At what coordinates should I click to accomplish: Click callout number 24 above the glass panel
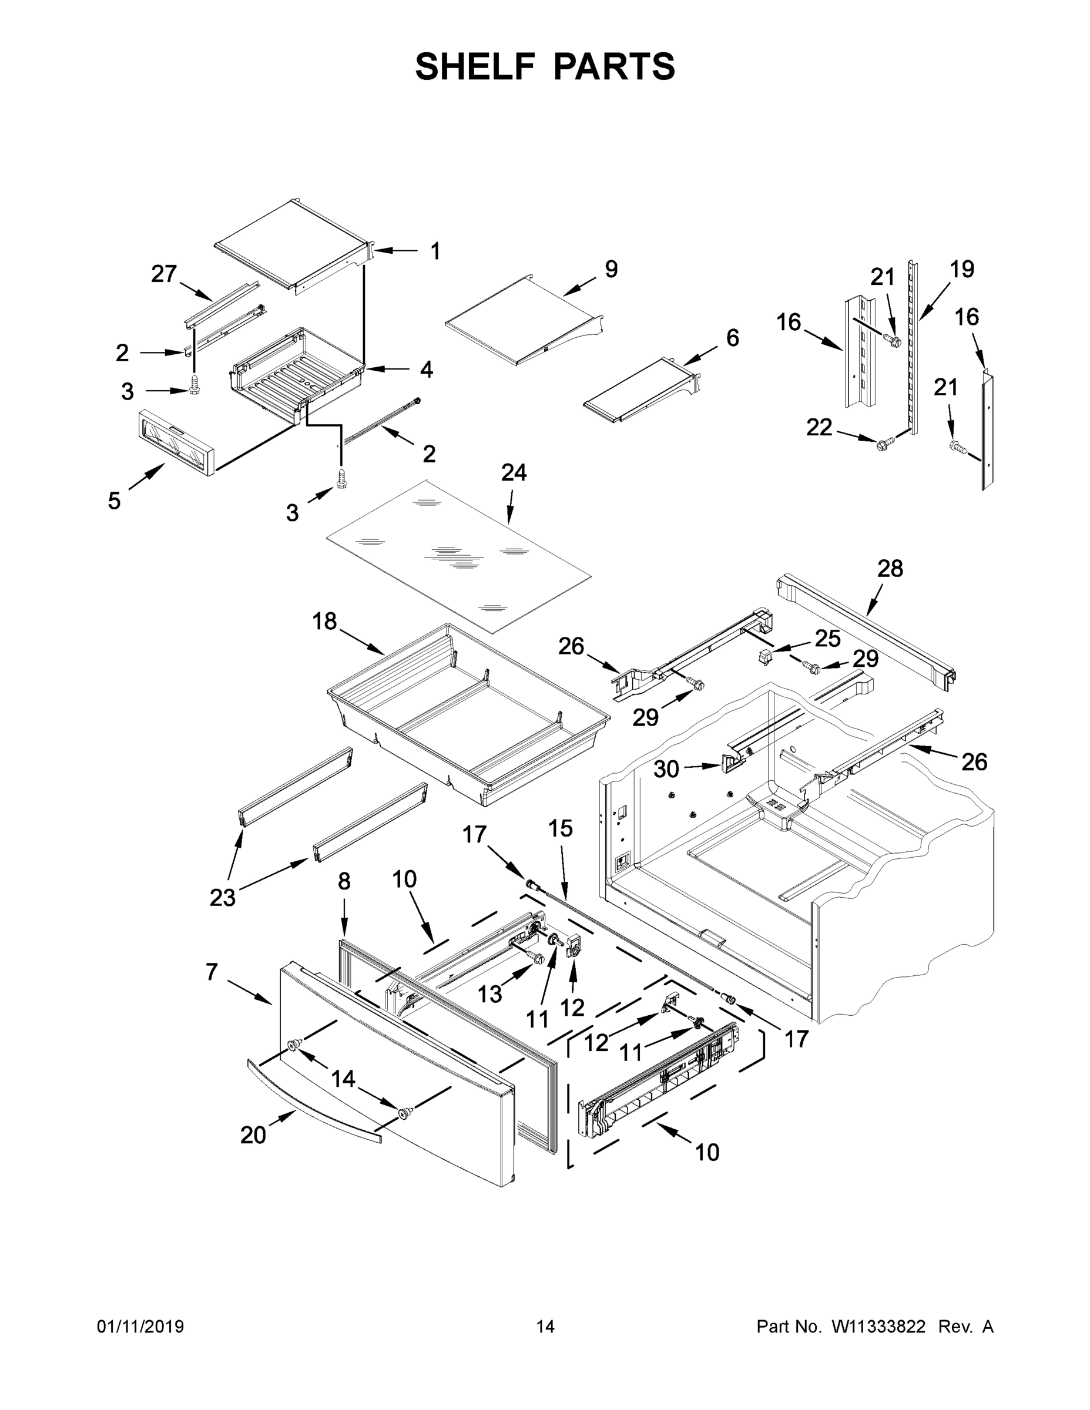(514, 472)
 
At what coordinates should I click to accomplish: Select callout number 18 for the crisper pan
(324, 621)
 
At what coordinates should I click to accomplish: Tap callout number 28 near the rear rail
(890, 568)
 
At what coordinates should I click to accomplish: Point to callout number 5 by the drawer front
(115, 501)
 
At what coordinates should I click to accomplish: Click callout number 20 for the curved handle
(253, 1135)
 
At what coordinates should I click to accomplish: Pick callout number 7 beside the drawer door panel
(212, 972)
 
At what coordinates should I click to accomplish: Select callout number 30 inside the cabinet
(666, 768)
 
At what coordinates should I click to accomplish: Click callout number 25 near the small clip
(827, 639)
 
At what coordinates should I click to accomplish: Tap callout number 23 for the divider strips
(223, 897)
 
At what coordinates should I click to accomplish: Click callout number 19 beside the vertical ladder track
(962, 268)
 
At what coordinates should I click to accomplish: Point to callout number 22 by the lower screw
(819, 427)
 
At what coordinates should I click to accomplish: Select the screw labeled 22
(884, 442)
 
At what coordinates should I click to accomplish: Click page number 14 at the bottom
(545, 1326)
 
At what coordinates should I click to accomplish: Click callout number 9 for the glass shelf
(611, 268)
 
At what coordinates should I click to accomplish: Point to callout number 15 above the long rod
(561, 828)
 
